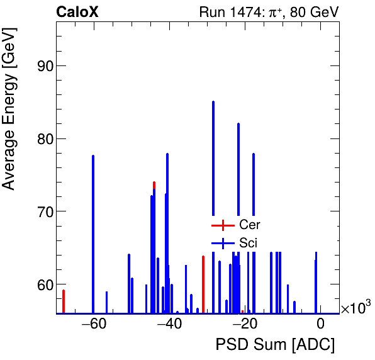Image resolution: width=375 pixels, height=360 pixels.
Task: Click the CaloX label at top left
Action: click(x=77, y=12)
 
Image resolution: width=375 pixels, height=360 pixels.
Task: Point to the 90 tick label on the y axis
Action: click(x=43, y=66)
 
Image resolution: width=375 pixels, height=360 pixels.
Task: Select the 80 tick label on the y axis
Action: click(x=43, y=139)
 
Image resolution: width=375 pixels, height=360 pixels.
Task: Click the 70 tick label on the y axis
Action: click(x=43, y=211)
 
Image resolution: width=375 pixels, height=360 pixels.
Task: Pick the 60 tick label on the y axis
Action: click(x=43, y=284)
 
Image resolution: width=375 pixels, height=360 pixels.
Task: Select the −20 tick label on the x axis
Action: click(x=244, y=325)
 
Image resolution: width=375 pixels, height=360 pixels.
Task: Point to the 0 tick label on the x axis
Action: click(x=320, y=325)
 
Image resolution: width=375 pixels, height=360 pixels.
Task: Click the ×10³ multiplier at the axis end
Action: click(x=355, y=308)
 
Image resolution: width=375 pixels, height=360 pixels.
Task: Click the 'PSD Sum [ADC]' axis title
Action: click(x=275, y=346)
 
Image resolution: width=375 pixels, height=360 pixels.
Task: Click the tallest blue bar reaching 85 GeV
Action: click(x=213, y=157)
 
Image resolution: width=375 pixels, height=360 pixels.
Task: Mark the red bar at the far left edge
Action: click(x=64, y=301)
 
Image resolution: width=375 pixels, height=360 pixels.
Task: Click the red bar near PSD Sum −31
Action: click(x=203, y=283)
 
